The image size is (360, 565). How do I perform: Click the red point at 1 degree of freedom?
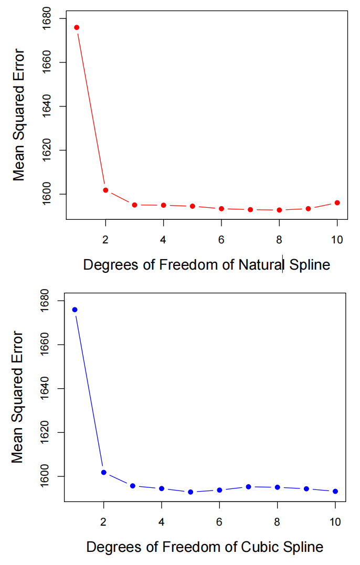pos(77,27)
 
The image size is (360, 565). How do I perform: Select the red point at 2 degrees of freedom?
pos(105,190)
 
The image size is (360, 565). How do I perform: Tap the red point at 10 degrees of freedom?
pos(337,202)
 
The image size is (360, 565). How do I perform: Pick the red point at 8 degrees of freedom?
pos(279,210)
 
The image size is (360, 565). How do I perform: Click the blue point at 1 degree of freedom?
pos(75,310)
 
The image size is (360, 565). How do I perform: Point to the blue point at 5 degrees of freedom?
pos(190,492)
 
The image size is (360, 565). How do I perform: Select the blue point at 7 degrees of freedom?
pos(248,487)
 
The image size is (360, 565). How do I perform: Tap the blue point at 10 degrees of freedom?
pos(335,491)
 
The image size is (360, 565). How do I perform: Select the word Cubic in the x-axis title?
pos(259,547)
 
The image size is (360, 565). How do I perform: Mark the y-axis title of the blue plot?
pos(17,397)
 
